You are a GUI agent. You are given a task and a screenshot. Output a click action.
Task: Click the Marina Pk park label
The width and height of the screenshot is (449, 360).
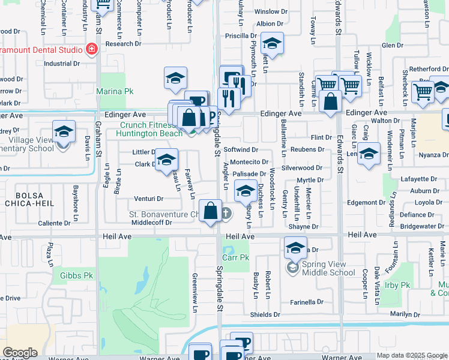click(x=115, y=91)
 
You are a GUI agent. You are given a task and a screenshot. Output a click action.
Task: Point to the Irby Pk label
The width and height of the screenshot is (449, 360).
click(x=397, y=284)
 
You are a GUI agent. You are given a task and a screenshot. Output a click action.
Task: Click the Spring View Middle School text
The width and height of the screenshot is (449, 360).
click(x=328, y=268)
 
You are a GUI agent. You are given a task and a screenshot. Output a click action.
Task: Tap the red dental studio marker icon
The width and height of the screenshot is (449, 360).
click(x=91, y=49)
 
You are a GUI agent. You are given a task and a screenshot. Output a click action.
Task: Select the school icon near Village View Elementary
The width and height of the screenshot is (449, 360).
click(x=64, y=132)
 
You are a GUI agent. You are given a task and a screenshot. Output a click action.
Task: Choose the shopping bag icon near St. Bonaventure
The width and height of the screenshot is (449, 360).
click(x=210, y=212)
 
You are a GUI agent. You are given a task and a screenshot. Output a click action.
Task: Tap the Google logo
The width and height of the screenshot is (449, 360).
click(x=20, y=353)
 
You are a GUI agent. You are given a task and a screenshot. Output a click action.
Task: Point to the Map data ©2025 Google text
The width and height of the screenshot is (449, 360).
click(x=411, y=355)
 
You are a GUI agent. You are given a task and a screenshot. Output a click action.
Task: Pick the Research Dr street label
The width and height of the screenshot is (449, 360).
click(x=123, y=44)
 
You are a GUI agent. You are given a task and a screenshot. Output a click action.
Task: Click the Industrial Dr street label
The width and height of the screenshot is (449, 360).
click(x=62, y=64)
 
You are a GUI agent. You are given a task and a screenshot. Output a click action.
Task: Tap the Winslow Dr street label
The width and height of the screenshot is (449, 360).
click(x=267, y=11)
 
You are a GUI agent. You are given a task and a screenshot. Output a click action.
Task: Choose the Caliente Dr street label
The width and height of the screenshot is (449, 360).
click(x=55, y=223)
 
